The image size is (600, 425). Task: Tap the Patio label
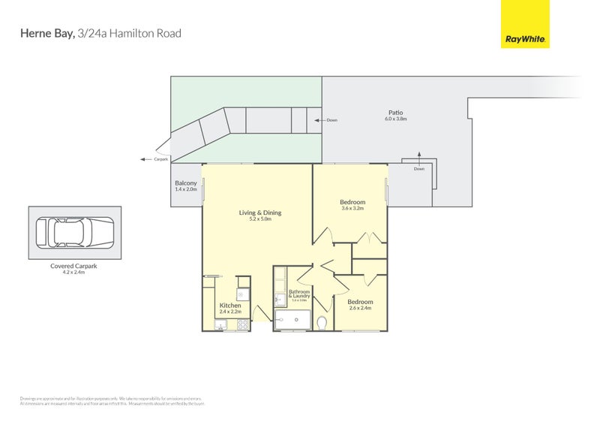(x=395, y=113)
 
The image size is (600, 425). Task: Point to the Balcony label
(x=186, y=183)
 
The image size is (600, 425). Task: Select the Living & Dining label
(x=259, y=212)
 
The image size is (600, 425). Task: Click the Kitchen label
(x=230, y=306)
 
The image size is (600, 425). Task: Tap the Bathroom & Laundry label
(x=299, y=294)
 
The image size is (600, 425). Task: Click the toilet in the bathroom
(x=322, y=323)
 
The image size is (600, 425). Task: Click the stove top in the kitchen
(x=243, y=325)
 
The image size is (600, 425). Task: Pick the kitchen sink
(x=221, y=325)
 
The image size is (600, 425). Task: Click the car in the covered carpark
(x=74, y=233)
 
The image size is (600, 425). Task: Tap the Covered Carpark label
(x=74, y=266)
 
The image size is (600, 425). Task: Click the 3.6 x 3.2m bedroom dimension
(x=352, y=209)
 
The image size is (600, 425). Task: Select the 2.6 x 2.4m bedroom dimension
(x=361, y=308)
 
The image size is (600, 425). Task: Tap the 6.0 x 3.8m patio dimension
(x=395, y=119)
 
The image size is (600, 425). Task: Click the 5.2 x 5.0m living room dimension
(x=259, y=219)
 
